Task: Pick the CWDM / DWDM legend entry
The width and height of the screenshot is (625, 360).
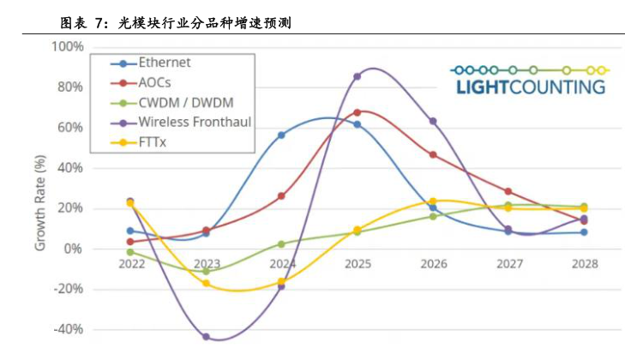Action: [x=179, y=102]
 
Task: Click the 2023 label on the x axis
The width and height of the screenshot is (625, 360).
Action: [x=207, y=263]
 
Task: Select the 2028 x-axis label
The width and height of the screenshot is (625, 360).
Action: [x=583, y=263]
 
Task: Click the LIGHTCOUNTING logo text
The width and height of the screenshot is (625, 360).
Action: [x=529, y=87]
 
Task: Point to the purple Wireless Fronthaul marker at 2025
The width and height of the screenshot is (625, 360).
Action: [x=358, y=76]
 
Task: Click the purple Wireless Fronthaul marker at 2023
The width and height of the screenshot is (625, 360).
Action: [x=207, y=337]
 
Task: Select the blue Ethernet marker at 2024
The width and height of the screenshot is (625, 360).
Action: [x=282, y=135]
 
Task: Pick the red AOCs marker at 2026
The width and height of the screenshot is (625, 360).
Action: [x=433, y=155]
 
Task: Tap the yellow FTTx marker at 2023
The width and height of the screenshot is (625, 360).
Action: [x=207, y=283]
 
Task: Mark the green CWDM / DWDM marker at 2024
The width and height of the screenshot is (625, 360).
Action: [x=282, y=244]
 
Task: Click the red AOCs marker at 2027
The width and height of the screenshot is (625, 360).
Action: [x=508, y=191]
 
